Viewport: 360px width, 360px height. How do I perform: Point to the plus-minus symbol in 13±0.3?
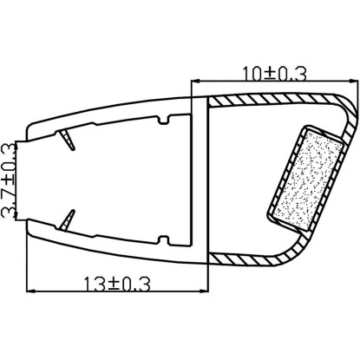point(119,284)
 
